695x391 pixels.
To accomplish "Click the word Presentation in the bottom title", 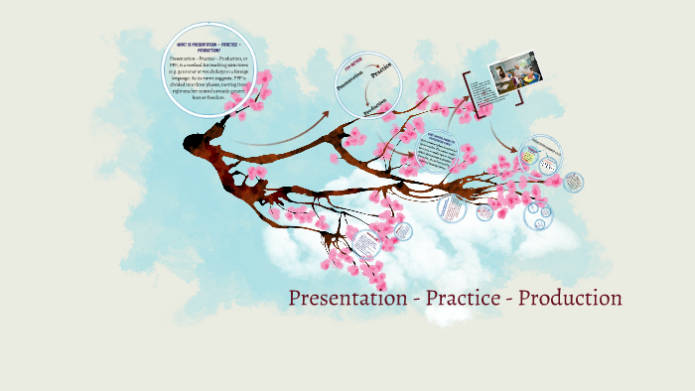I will pos(348,298).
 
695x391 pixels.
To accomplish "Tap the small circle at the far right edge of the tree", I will pos(573,183).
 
